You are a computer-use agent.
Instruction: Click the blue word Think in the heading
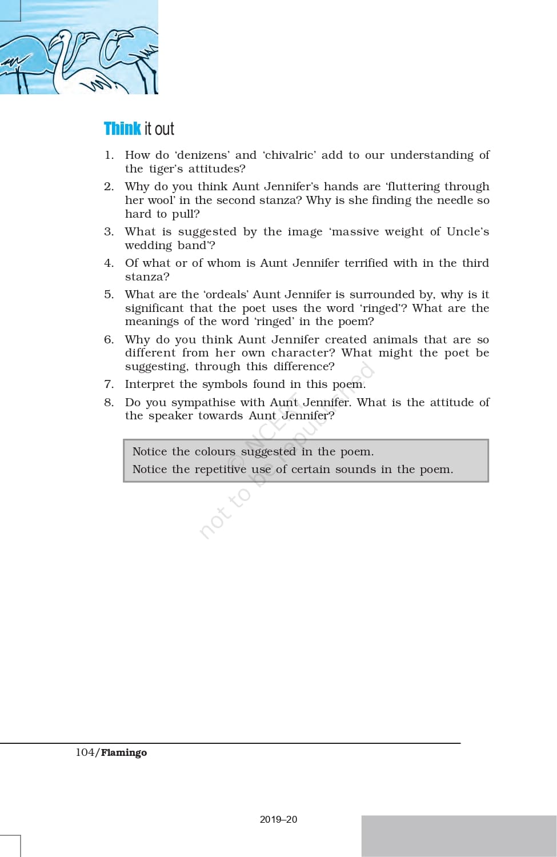(122, 129)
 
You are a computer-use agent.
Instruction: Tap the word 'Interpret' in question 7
(149, 384)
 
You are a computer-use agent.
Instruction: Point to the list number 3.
(109, 231)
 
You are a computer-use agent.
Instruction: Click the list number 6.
(109, 339)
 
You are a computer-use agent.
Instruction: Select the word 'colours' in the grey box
(215, 451)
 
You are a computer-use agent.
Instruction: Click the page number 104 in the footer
(85, 752)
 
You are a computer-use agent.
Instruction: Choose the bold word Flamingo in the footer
(124, 752)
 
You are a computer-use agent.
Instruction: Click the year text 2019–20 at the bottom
(278, 819)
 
